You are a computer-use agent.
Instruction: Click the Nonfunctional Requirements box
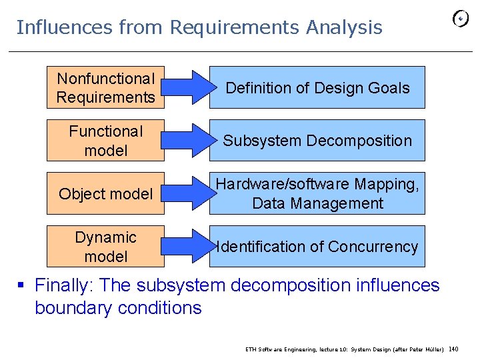tap(105, 87)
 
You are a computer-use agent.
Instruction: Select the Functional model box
tap(105, 141)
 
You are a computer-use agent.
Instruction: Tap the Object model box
tap(105, 193)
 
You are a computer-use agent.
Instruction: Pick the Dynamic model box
tap(105, 246)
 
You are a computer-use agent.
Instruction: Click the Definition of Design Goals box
tap(317, 87)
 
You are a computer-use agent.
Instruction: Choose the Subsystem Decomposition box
tap(317, 141)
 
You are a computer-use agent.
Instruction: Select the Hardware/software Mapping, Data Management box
tap(317, 193)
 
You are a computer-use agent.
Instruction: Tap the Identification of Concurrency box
tap(317, 246)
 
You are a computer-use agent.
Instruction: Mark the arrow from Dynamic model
tap(187, 246)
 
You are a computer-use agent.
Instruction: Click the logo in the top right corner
tap(460, 20)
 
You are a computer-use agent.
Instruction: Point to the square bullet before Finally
tap(21, 286)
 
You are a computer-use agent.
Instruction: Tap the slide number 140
tap(454, 348)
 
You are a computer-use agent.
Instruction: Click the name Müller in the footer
tap(434, 349)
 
